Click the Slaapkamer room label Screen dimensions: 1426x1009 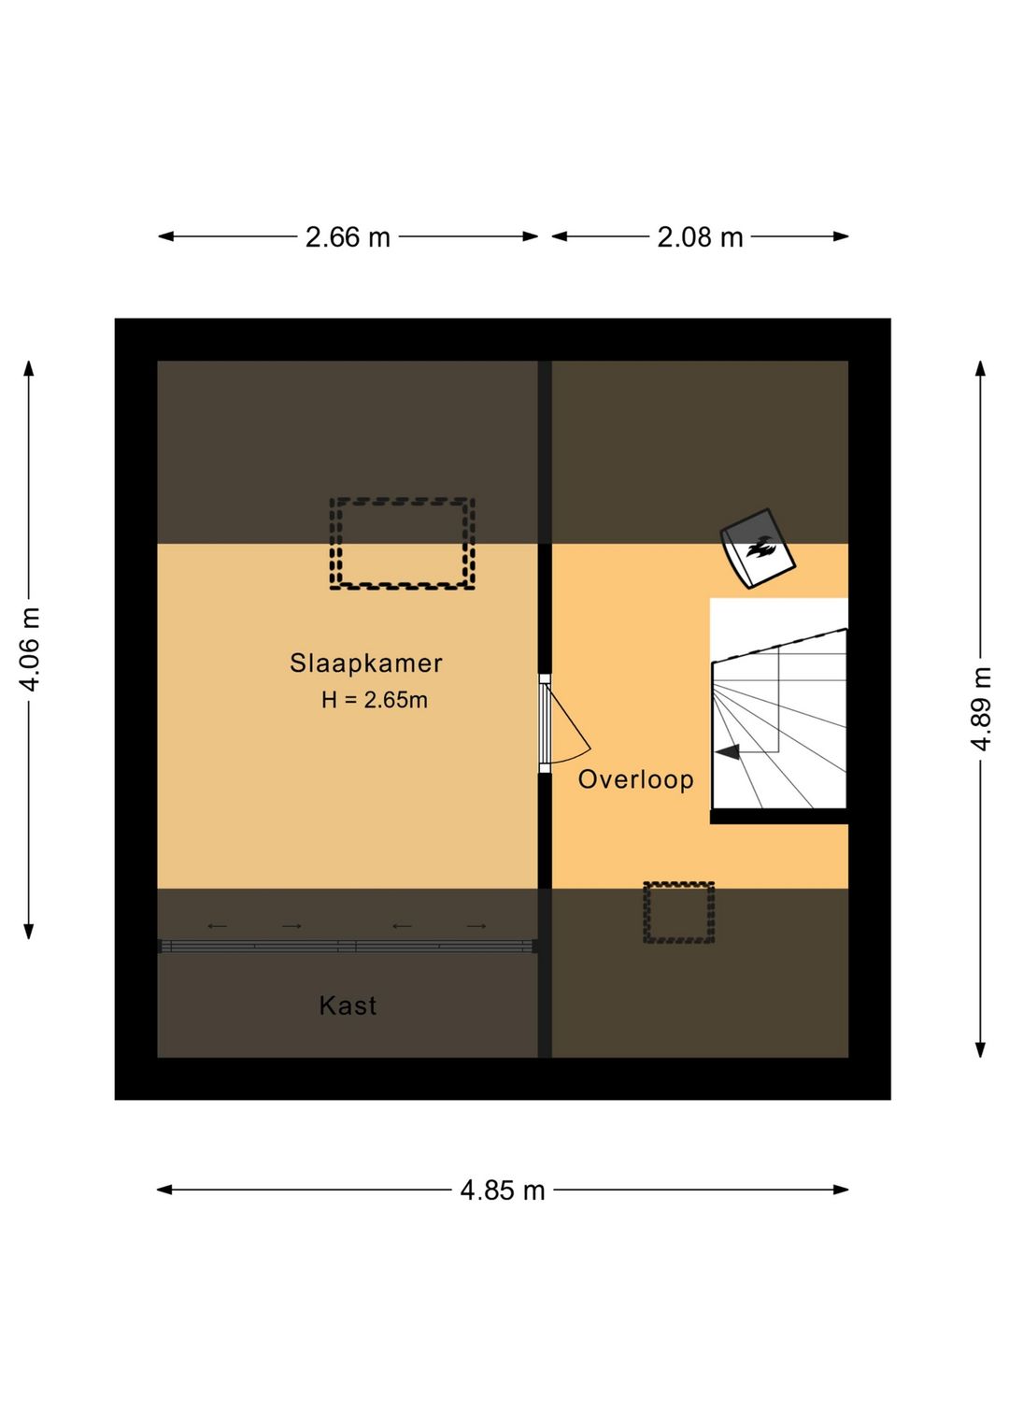click(365, 663)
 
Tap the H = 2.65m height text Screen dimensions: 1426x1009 click(374, 700)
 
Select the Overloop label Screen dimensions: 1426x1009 click(635, 779)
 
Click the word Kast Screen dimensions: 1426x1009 click(348, 1005)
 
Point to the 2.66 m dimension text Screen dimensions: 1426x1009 click(348, 237)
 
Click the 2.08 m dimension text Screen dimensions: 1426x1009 click(700, 237)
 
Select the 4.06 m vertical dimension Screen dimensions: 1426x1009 click(30, 649)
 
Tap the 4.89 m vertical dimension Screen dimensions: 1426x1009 click(980, 708)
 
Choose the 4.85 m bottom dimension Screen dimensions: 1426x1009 click(502, 1191)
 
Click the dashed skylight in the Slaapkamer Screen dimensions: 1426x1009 click(402, 543)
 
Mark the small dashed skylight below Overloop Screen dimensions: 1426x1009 click(678, 912)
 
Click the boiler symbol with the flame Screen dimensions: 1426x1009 click(758, 549)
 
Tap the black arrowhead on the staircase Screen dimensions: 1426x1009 click(728, 751)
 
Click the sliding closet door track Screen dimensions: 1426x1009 click(348, 947)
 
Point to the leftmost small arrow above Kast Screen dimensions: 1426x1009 click(217, 926)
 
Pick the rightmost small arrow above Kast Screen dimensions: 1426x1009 click(476, 926)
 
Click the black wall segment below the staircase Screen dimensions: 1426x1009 click(778, 817)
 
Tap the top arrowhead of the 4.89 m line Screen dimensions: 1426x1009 click(980, 367)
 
